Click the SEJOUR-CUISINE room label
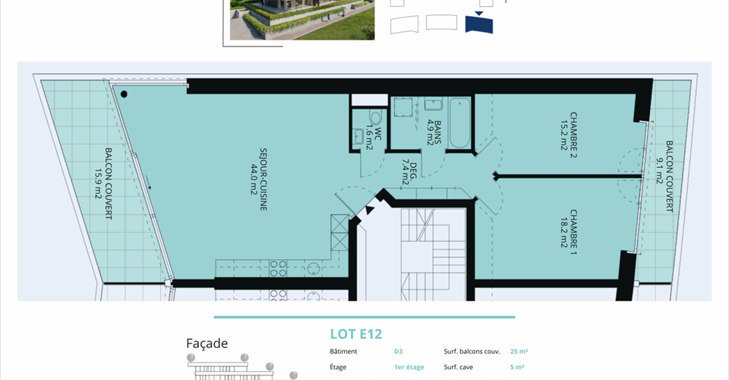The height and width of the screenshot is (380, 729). pyautogui.click(x=264, y=179)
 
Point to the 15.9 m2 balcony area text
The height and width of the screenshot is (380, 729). pyautogui.click(x=98, y=184)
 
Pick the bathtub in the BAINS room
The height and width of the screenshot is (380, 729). pyautogui.click(x=460, y=123)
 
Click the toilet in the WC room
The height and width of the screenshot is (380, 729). pyautogui.click(x=375, y=117)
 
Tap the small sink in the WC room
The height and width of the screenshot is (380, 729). pyautogui.click(x=358, y=136)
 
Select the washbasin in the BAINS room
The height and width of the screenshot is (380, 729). pyautogui.click(x=434, y=104)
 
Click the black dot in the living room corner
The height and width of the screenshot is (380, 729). pyautogui.click(x=124, y=94)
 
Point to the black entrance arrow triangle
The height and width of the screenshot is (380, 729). pyautogui.click(x=369, y=210)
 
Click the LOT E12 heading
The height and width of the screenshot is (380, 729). pyautogui.click(x=356, y=334)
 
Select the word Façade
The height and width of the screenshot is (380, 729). pyautogui.click(x=207, y=344)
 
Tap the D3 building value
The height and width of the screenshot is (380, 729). pyautogui.click(x=399, y=352)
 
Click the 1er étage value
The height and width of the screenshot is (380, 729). pyautogui.click(x=409, y=367)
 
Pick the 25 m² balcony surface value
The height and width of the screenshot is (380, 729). pyautogui.click(x=519, y=352)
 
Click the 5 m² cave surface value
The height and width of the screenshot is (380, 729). pyautogui.click(x=517, y=367)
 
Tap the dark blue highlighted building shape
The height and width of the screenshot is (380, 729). pyautogui.click(x=479, y=24)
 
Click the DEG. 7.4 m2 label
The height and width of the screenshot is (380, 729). pyautogui.click(x=409, y=173)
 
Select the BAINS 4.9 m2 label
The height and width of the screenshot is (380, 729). pyautogui.click(x=434, y=132)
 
